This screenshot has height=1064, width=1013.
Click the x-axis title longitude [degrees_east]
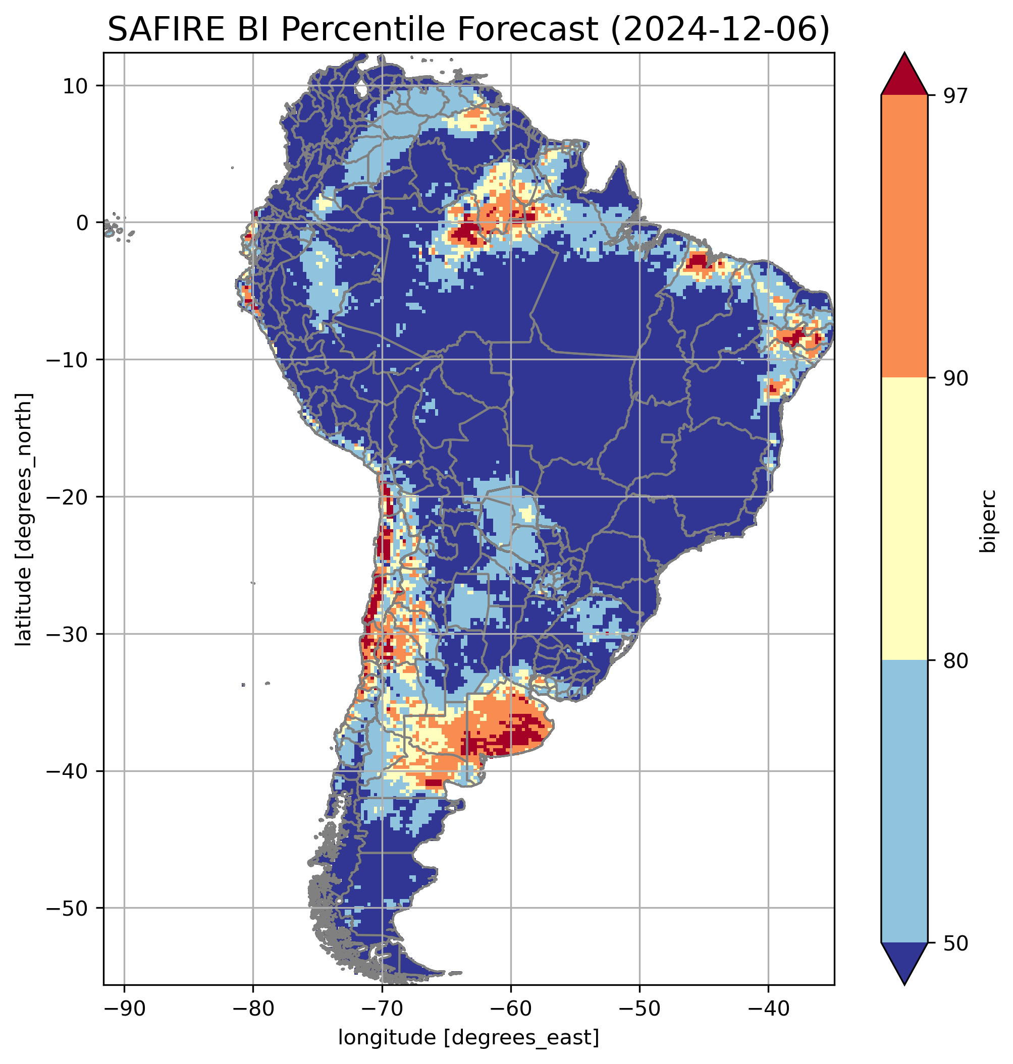(x=469, y=1038)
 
